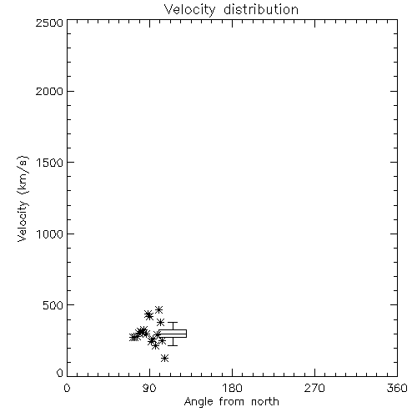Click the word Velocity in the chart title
click(190, 10)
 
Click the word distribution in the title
click(261, 9)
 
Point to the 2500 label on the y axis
click(49, 23)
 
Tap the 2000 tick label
click(49, 91)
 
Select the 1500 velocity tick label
click(50, 163)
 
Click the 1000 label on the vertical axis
click(50, 234)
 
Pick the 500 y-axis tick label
click(53, 305)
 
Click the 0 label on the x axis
click(67, 388)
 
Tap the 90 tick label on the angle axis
click(149, 388)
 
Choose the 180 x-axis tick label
click(232, 388)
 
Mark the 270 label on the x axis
click(314, 388)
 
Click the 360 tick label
click(397, 388)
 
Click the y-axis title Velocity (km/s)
click(23, 198)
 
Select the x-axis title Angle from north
click(232, 402)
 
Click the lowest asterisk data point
click(164, 358)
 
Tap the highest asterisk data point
click(158, 309)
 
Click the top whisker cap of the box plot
click(173, 323)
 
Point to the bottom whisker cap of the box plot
click(173, 345)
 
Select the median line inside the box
click(173, 334)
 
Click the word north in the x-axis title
click(265, 401)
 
